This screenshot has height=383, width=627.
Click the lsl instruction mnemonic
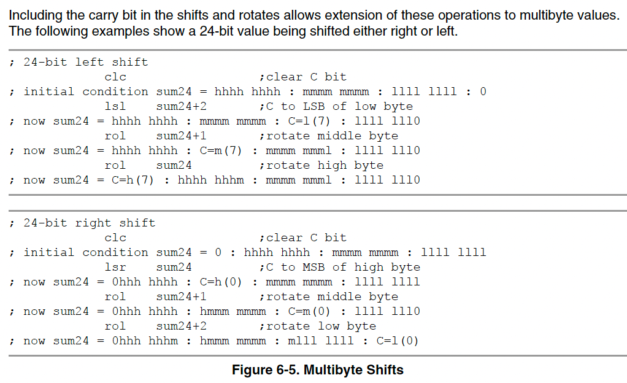(115, 106)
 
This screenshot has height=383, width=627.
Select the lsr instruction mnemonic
(115, 268)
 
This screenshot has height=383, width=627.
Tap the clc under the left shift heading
(115, 77)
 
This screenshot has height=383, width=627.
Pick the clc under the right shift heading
(115, 238)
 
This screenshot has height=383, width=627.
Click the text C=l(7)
(309, 122)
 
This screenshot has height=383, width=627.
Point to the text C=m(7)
(221, 151)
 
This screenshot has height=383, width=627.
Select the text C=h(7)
(133, 180)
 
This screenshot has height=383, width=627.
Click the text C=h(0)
(221, 282)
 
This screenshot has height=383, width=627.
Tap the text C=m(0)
(309, 312)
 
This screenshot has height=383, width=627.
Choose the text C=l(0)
(398, 341)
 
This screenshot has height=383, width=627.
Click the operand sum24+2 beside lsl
(182, 106)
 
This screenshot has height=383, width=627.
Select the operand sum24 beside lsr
(174, 268)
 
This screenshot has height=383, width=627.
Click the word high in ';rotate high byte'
(332, 166)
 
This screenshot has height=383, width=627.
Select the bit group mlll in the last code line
(302, 341)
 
